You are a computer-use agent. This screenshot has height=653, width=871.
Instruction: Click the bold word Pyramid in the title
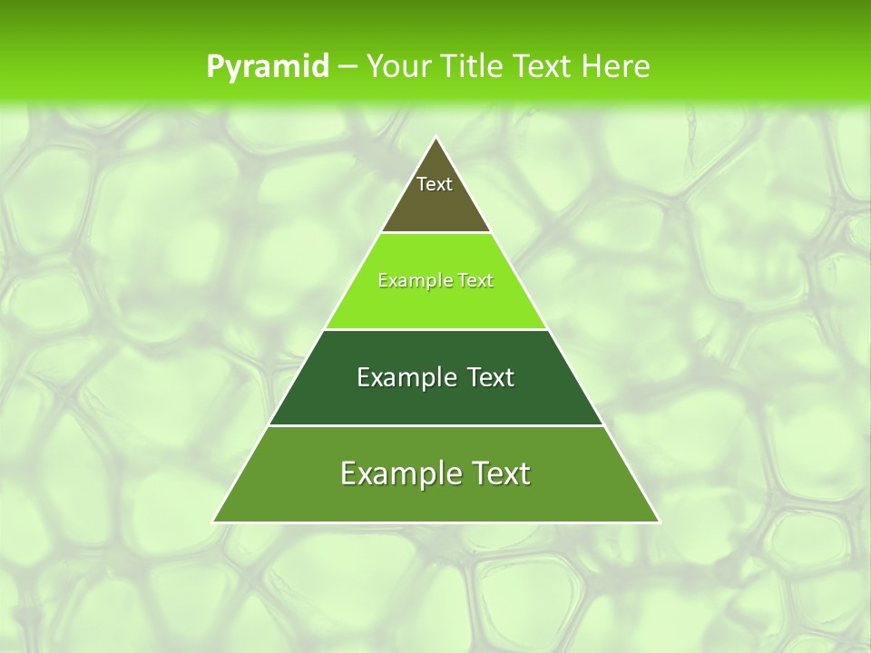click(267, 67)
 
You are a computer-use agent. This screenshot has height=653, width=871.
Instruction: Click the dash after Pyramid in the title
click(347, 67)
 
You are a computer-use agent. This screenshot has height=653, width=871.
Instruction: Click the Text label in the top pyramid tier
click(435, 184)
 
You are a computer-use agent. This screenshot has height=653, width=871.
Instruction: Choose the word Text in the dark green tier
click(490, 377)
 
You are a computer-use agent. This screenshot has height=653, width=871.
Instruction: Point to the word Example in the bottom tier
click(396, 473)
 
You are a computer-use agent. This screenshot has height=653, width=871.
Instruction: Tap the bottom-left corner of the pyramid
click(213, 521)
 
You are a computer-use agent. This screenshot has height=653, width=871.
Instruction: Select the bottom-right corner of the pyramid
click(659, 521)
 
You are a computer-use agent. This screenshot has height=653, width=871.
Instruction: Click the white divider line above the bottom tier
click(436, 425)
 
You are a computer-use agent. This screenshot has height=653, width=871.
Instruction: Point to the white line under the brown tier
click(436, 233)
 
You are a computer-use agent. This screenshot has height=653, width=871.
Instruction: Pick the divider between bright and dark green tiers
click(436, 329)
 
